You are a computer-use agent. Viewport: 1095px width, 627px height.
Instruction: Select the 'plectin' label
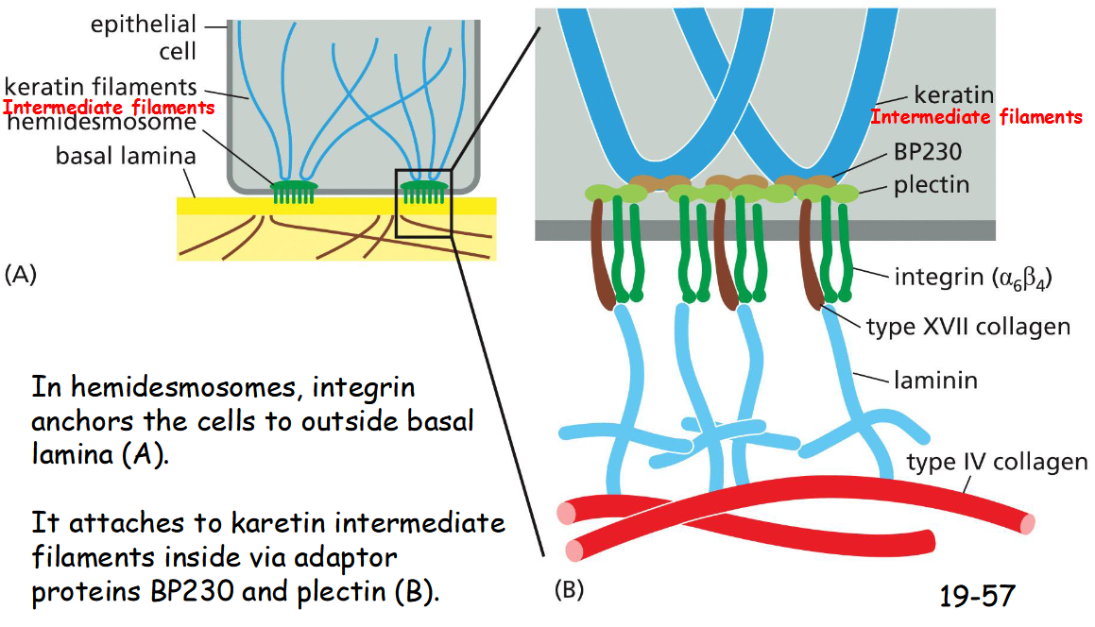pos(932,184)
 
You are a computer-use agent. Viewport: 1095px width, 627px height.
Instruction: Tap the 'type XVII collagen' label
pos(968,327)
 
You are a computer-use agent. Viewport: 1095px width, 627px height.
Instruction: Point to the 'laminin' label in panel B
pos(935,381)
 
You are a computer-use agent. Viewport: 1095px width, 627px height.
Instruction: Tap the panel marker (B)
pos(569,591)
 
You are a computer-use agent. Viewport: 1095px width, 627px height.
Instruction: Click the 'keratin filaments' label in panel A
pos(99,88)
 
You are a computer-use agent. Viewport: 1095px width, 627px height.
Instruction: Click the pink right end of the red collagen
pos(1026,522)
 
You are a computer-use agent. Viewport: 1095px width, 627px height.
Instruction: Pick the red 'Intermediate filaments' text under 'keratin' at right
pos(976,117)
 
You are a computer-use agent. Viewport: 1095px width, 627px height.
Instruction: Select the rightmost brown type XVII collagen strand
pos(813,255)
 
